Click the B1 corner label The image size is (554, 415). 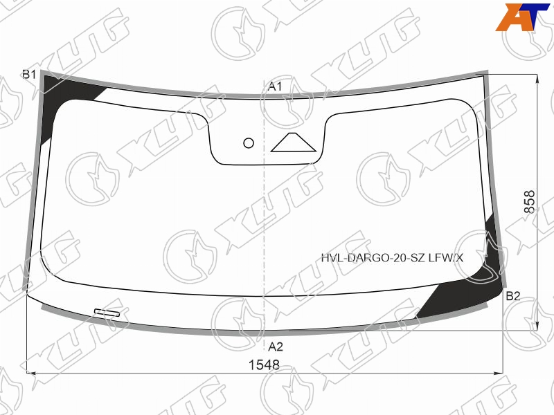pyautogui.click(x=29, y=75)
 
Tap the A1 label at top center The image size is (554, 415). pyautogui.click(x=275, y=86)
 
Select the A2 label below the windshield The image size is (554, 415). pyautogui.click(x=275, y=347)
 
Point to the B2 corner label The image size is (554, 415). pyautogui.click(x=513, y=296)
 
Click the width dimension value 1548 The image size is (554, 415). pyautogui.click(x=265, y=365)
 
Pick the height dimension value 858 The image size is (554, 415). pyautogui.click(x=529, y=202)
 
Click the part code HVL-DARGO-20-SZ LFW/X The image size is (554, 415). pyautogui.click(x=392, y=258)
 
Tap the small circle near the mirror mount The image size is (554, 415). pyautogui.click(x=249, y=143)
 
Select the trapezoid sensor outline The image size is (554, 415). pyautogui.click(x=293, y=142)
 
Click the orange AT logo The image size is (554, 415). pyautogui.click(x=523, y=17)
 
